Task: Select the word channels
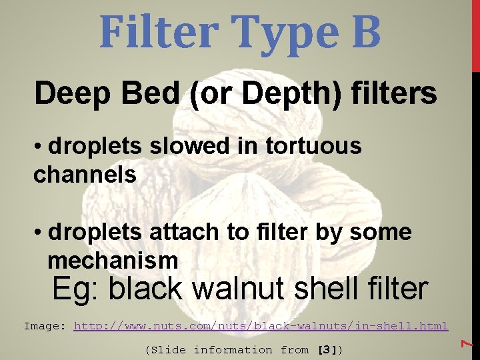click(85, 175)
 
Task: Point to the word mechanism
click(113, 259)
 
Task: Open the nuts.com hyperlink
click(260, 326)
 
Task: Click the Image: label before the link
click(45, 326)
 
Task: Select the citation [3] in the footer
click(330, 349)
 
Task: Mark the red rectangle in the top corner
click(475, 35)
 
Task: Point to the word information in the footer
click(233, 349)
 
